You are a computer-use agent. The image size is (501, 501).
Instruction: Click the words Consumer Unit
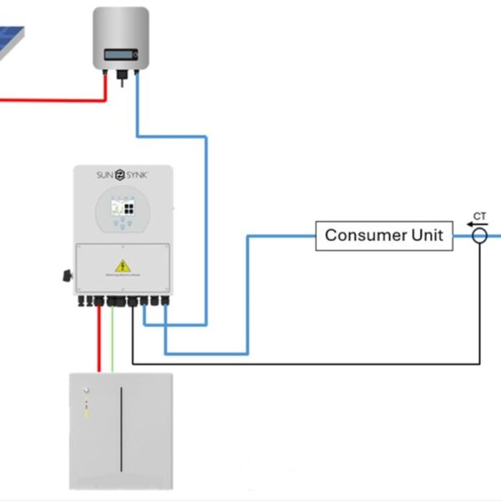(383, 235)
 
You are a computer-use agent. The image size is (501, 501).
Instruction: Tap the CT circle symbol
(479, 236)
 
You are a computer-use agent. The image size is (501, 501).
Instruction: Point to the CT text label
(479, 216)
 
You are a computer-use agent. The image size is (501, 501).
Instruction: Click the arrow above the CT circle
(478, 224)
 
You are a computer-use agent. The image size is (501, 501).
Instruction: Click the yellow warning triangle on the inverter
(123, 266)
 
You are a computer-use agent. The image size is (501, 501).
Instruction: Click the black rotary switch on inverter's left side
(64, 276)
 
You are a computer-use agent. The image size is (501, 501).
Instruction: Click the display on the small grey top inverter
(120, 56)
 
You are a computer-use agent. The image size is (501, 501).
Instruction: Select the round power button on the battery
(83, 390)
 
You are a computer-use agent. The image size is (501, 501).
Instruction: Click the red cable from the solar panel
(50, 100)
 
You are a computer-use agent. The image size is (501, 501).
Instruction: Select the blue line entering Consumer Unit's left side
(284, 236)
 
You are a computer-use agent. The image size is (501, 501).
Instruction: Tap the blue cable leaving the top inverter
(137, 109)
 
